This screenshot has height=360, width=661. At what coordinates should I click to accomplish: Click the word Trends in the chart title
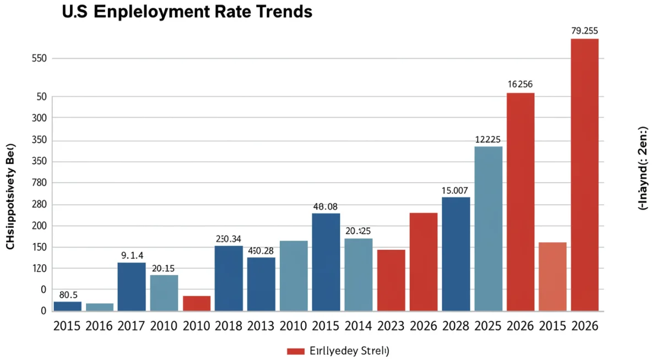pyautogui.click(x=281, y=12)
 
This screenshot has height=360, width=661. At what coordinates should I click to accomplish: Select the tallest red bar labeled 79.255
pyautogui.click(x=584, y=174)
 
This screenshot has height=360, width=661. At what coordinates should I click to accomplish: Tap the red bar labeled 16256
pyautogui.click(x=520, y=201)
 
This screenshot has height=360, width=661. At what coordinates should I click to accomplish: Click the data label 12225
pyautogui.click(x=487, y=140)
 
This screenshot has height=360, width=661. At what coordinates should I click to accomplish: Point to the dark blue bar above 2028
pyautogui.click(x=456, y=254)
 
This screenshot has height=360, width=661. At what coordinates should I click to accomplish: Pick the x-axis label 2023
pyautogui.click(x=391, y=325)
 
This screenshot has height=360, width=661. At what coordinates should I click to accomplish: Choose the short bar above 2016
pyautogui.click(x=100, y=307)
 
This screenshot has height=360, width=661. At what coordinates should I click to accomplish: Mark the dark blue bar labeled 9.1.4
pyautogui.click(x=132, y=287)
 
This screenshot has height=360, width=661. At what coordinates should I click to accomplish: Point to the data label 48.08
pyautogui.click(x=325, y=207)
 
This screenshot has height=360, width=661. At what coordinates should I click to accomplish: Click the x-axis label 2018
pyautogui.click(x=229, y=325)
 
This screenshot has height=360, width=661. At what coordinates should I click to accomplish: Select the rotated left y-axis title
pyautogui.click(x=10, y=197)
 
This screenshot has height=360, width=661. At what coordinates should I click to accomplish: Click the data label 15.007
pyautogui.click(x=455, y=190)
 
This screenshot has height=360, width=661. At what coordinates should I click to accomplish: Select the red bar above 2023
pyautogui.click(x=391, y=280)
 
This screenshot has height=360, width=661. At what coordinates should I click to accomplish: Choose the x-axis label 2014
pyautogui.click(x=358, y=325)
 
